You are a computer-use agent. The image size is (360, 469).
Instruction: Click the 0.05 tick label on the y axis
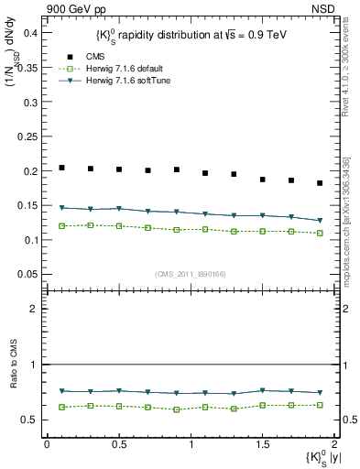pyautogui.click(x=27, y=275)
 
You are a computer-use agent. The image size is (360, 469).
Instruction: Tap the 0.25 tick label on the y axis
pyautogui.click(x=27, y=136)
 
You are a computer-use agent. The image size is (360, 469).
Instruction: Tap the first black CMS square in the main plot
pyautogui.click(x=61, y=168)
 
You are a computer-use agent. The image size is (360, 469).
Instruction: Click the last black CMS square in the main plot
pyautogui.click(x=320, y=183)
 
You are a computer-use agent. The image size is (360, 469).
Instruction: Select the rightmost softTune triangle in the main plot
pyautogui.click(x=320, y=221)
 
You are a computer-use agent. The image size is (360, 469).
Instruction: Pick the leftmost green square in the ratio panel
pyautogui.click(x=61, y=407)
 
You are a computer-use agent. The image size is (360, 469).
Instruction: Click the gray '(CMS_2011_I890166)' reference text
pyautogui.click(x=190, y=272)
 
